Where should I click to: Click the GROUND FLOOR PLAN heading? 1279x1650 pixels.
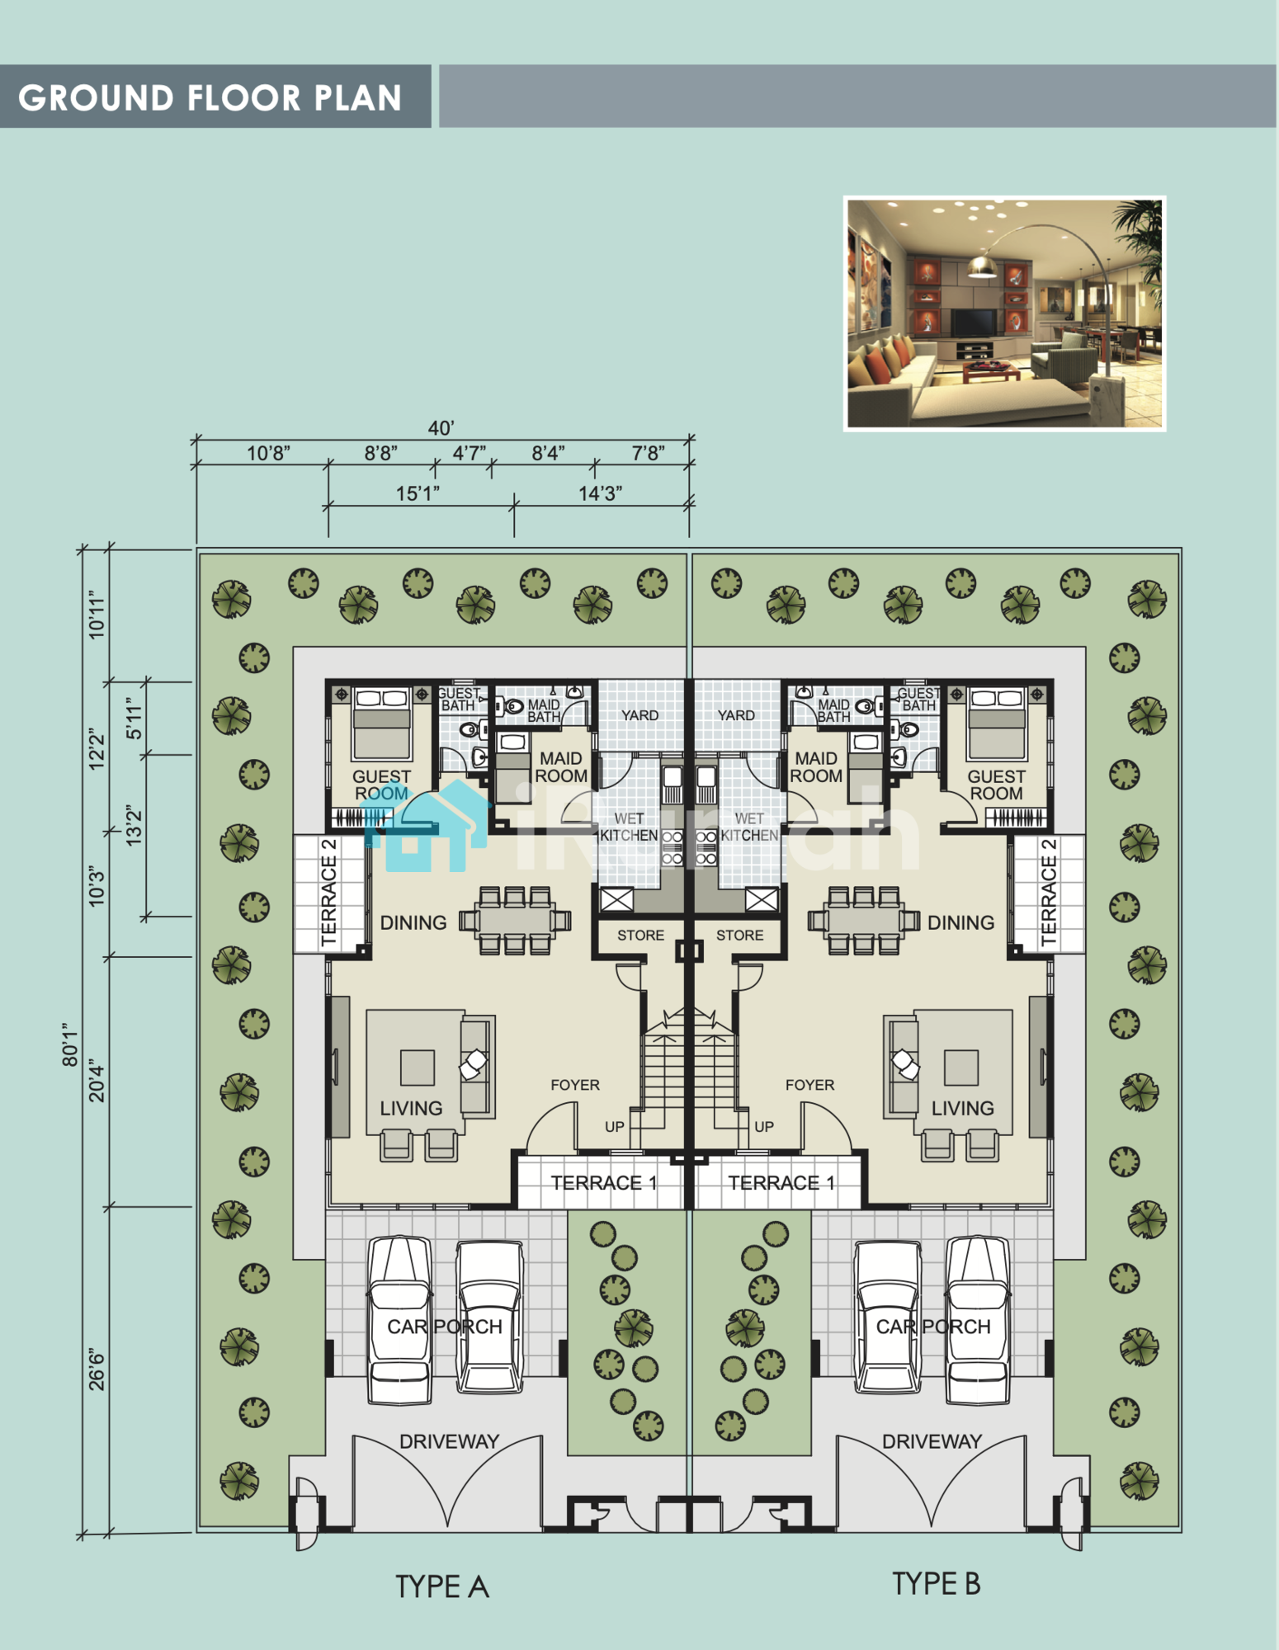[210, 97]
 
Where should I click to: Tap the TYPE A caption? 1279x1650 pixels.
[442, 1586]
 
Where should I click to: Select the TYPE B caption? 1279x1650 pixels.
[937, 1584]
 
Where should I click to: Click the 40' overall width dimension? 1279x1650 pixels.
[441, 427]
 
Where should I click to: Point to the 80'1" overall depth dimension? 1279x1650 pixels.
[70, 1044]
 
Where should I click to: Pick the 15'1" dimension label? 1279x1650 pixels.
[418, 493]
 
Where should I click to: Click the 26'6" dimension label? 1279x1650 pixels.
[97, 1369]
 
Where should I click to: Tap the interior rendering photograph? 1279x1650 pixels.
[1005, 313]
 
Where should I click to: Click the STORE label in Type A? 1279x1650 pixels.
[640, 935]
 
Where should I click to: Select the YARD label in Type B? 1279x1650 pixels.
[736, 715]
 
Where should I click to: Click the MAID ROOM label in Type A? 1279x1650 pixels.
[561, 767]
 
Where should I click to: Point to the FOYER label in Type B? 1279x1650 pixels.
[809, 1085]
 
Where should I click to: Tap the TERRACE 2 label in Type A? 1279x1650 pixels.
[329, 893]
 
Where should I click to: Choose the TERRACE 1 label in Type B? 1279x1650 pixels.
[781, 1183]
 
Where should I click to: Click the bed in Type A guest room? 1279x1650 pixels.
[381, 724]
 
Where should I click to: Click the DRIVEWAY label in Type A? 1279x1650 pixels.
[449, 1441]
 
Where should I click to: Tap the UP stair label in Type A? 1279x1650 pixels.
[614, 1127]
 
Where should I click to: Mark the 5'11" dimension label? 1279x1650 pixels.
[134, 719]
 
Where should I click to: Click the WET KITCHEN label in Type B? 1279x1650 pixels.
[749, 827]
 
